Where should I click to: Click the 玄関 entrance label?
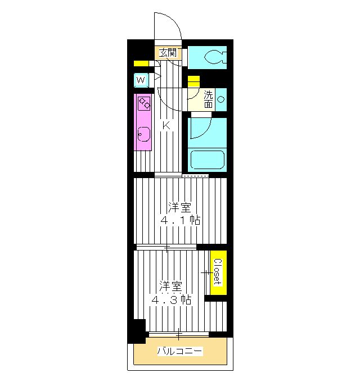point(168,52)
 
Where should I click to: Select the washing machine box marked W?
point(141,80)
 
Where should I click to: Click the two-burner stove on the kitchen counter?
point(144,103)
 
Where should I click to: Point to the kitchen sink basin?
point(144,134)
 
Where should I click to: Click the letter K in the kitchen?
point(166,126)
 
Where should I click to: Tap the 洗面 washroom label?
point(208,99)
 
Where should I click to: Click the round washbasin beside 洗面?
point(220,99)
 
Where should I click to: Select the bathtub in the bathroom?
point(208,160)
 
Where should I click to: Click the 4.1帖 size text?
point(180,220)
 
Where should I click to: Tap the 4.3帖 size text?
point(171,300)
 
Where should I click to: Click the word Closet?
point(218,272)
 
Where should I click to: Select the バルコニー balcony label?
point(180,351)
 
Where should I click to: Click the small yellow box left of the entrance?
point(141,63)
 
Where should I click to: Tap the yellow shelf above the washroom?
point(193,81)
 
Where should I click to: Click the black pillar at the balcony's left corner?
point(137,331)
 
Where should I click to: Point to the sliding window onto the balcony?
point(179,334)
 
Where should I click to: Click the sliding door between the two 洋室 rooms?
point(166,248)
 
